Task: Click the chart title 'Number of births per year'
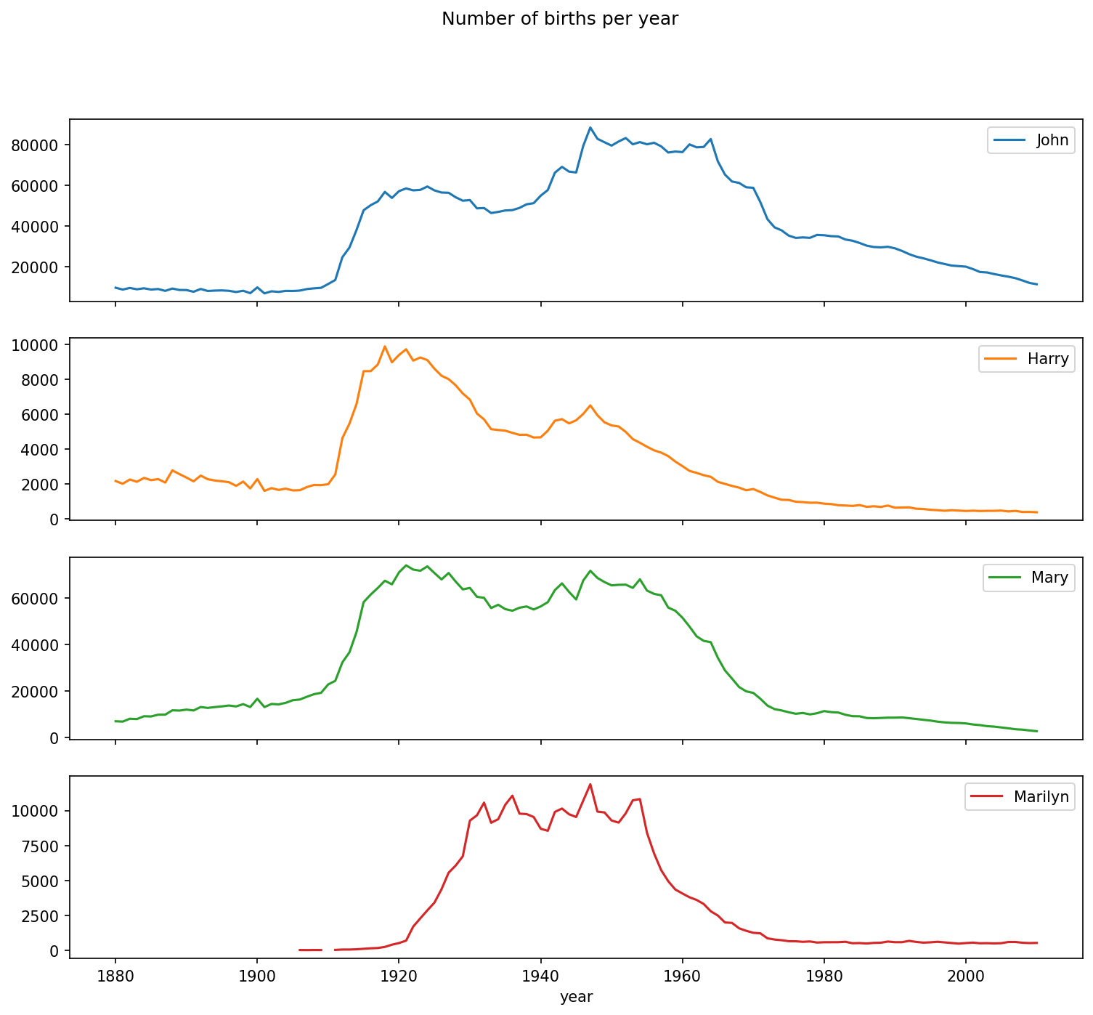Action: [559, 20]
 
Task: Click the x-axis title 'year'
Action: [576, 998]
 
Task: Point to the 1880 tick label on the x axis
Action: [115, 976]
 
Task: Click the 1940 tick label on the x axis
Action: [540, 976]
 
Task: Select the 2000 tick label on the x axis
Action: [966, 976]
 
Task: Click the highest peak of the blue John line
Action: [590, 127]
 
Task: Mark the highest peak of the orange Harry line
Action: [385, 346]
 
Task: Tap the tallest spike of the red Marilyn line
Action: [590, 784]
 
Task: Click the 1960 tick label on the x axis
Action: [682, 976]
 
